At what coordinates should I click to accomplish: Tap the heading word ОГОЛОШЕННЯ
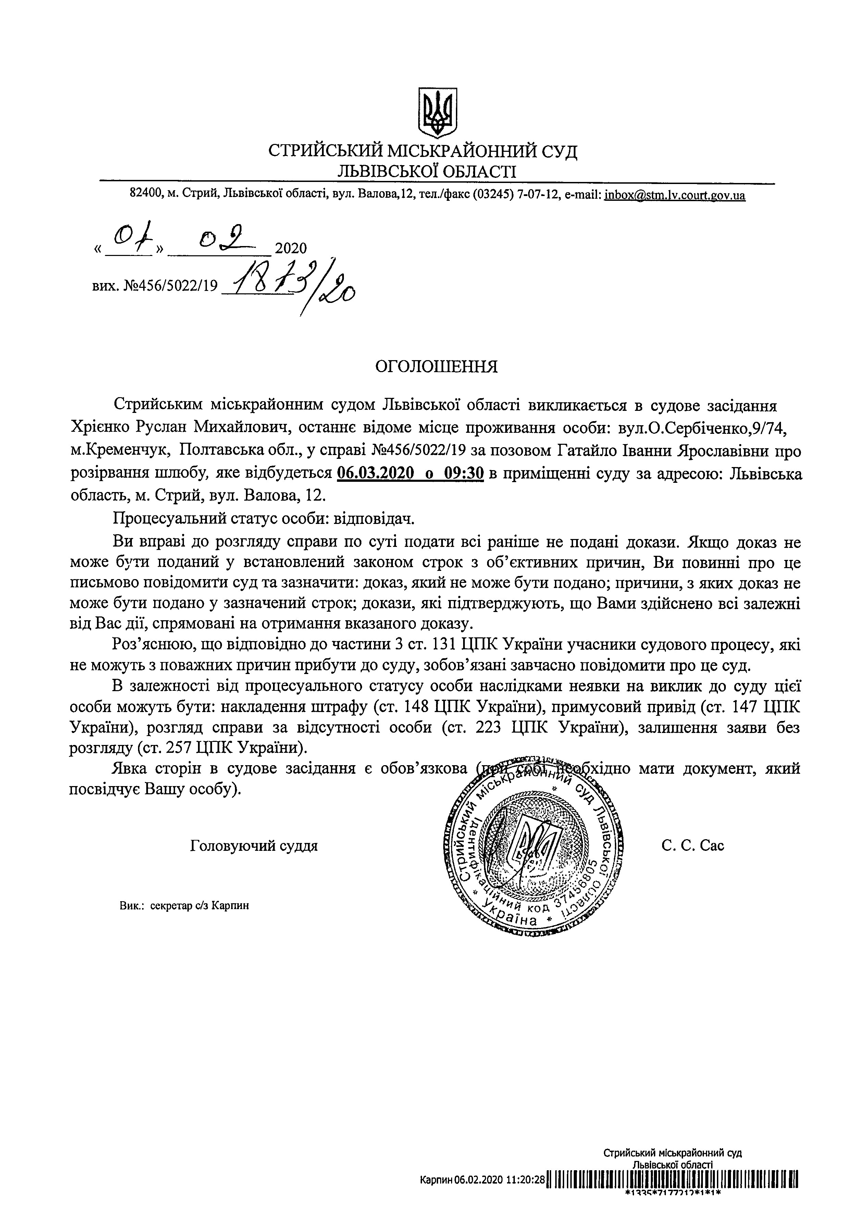pyautogui.click(x=436, y=366)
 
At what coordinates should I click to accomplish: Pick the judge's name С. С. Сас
pyautogui.click(x=693, y=846)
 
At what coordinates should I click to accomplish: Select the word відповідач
pyautogui.click(x=375, y=519)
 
